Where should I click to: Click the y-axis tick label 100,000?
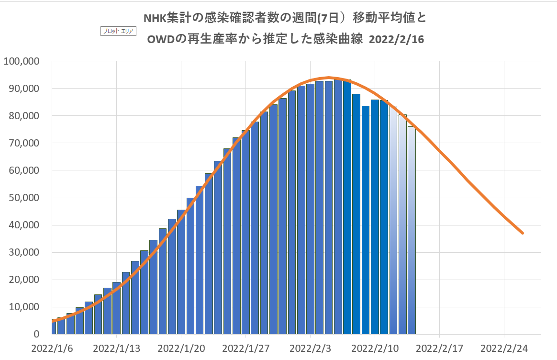22,61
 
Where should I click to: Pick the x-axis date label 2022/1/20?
181,348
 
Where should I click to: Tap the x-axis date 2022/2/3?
311,348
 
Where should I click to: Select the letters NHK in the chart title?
155,18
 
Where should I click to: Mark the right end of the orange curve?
523,233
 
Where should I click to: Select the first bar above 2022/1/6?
54,327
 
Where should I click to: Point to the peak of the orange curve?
329,77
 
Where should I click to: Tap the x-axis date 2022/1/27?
246,348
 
